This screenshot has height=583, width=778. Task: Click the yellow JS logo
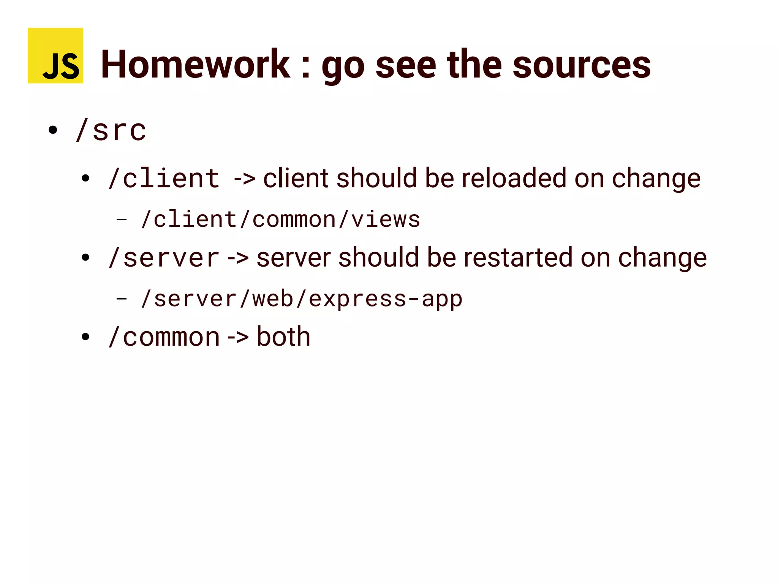(x=55, y=55)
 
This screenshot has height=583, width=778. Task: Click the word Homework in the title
(x=195, y=65)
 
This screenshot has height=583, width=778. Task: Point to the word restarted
(x=518, y=258)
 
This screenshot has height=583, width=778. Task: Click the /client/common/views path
(x=280, y=220)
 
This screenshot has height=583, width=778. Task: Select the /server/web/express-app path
(x=302, y=299)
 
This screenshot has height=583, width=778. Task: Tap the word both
(x=283, y=337)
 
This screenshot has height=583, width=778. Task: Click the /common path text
(x=164, y=337)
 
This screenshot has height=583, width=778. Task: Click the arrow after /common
(x=238, y=337)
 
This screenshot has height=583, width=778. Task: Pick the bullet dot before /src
(x=53, y=130)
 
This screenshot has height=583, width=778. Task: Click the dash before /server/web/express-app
(x=121, y=299)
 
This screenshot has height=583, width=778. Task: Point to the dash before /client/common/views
(x=121, y=220)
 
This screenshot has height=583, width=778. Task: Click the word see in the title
(x=406, y=65)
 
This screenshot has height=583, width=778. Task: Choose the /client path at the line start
(x=164, y=178)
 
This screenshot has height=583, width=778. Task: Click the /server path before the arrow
(x=164, y=258)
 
